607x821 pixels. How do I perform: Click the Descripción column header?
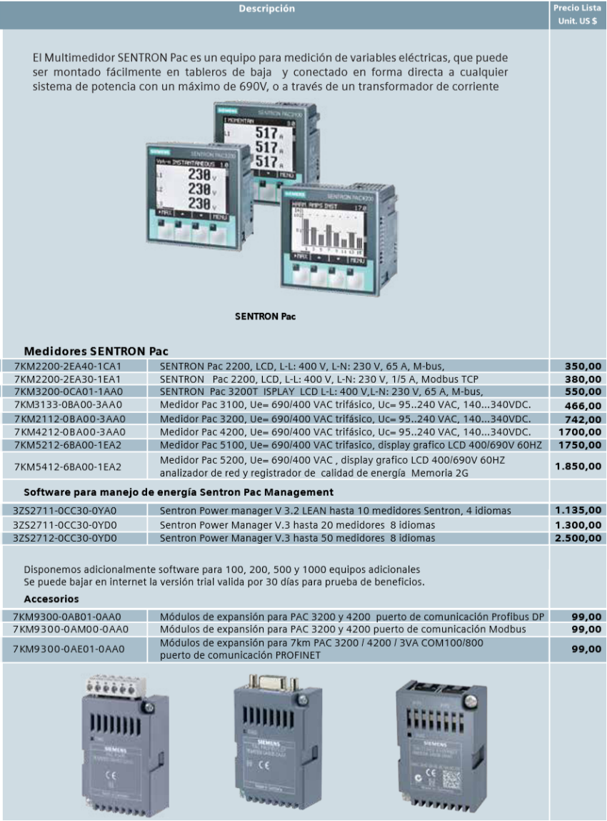pos(275,9)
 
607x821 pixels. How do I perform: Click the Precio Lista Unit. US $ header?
pos(578,14)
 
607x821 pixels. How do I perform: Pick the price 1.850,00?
pos(578,466)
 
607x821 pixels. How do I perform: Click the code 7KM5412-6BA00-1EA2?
pos(69,467)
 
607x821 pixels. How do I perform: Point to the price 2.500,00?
pos(578,537)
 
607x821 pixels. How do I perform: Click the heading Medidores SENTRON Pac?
pos(91,352)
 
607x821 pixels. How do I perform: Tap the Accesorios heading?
pos(51,599)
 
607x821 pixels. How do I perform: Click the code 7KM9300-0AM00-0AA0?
pos(69,629)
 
